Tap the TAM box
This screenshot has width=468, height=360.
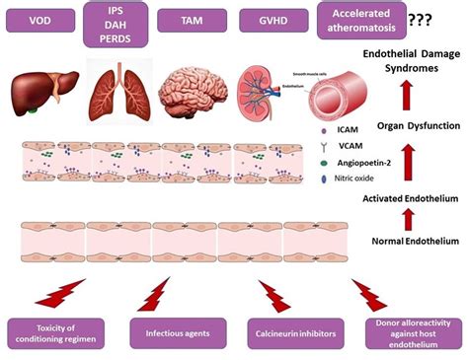[195, 20]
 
